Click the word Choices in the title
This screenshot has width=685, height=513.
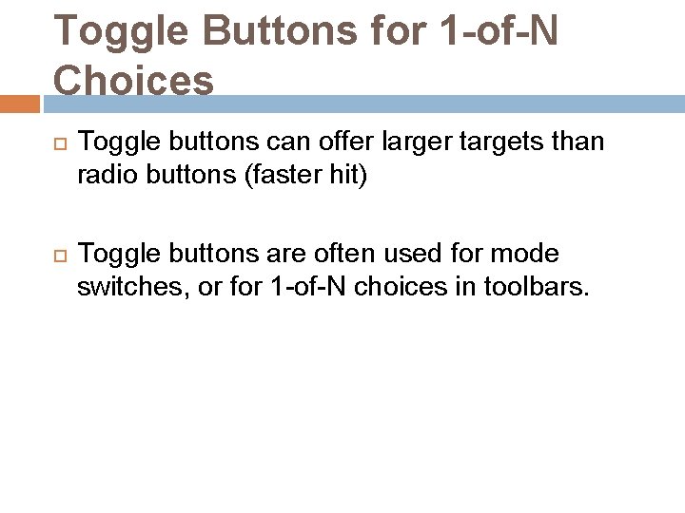click(x=134, y=81)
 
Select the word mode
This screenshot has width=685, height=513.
click(x=530, y=255)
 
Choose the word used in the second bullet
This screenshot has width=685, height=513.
click(x=404, y=255)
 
